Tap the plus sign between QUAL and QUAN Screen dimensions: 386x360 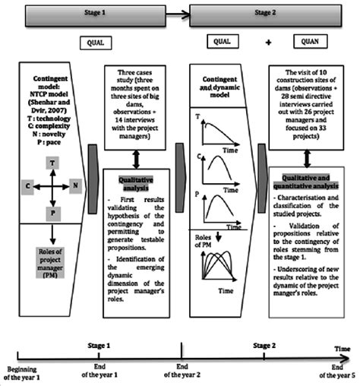coord(268,44)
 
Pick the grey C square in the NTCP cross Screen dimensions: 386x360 coord(27,185)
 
